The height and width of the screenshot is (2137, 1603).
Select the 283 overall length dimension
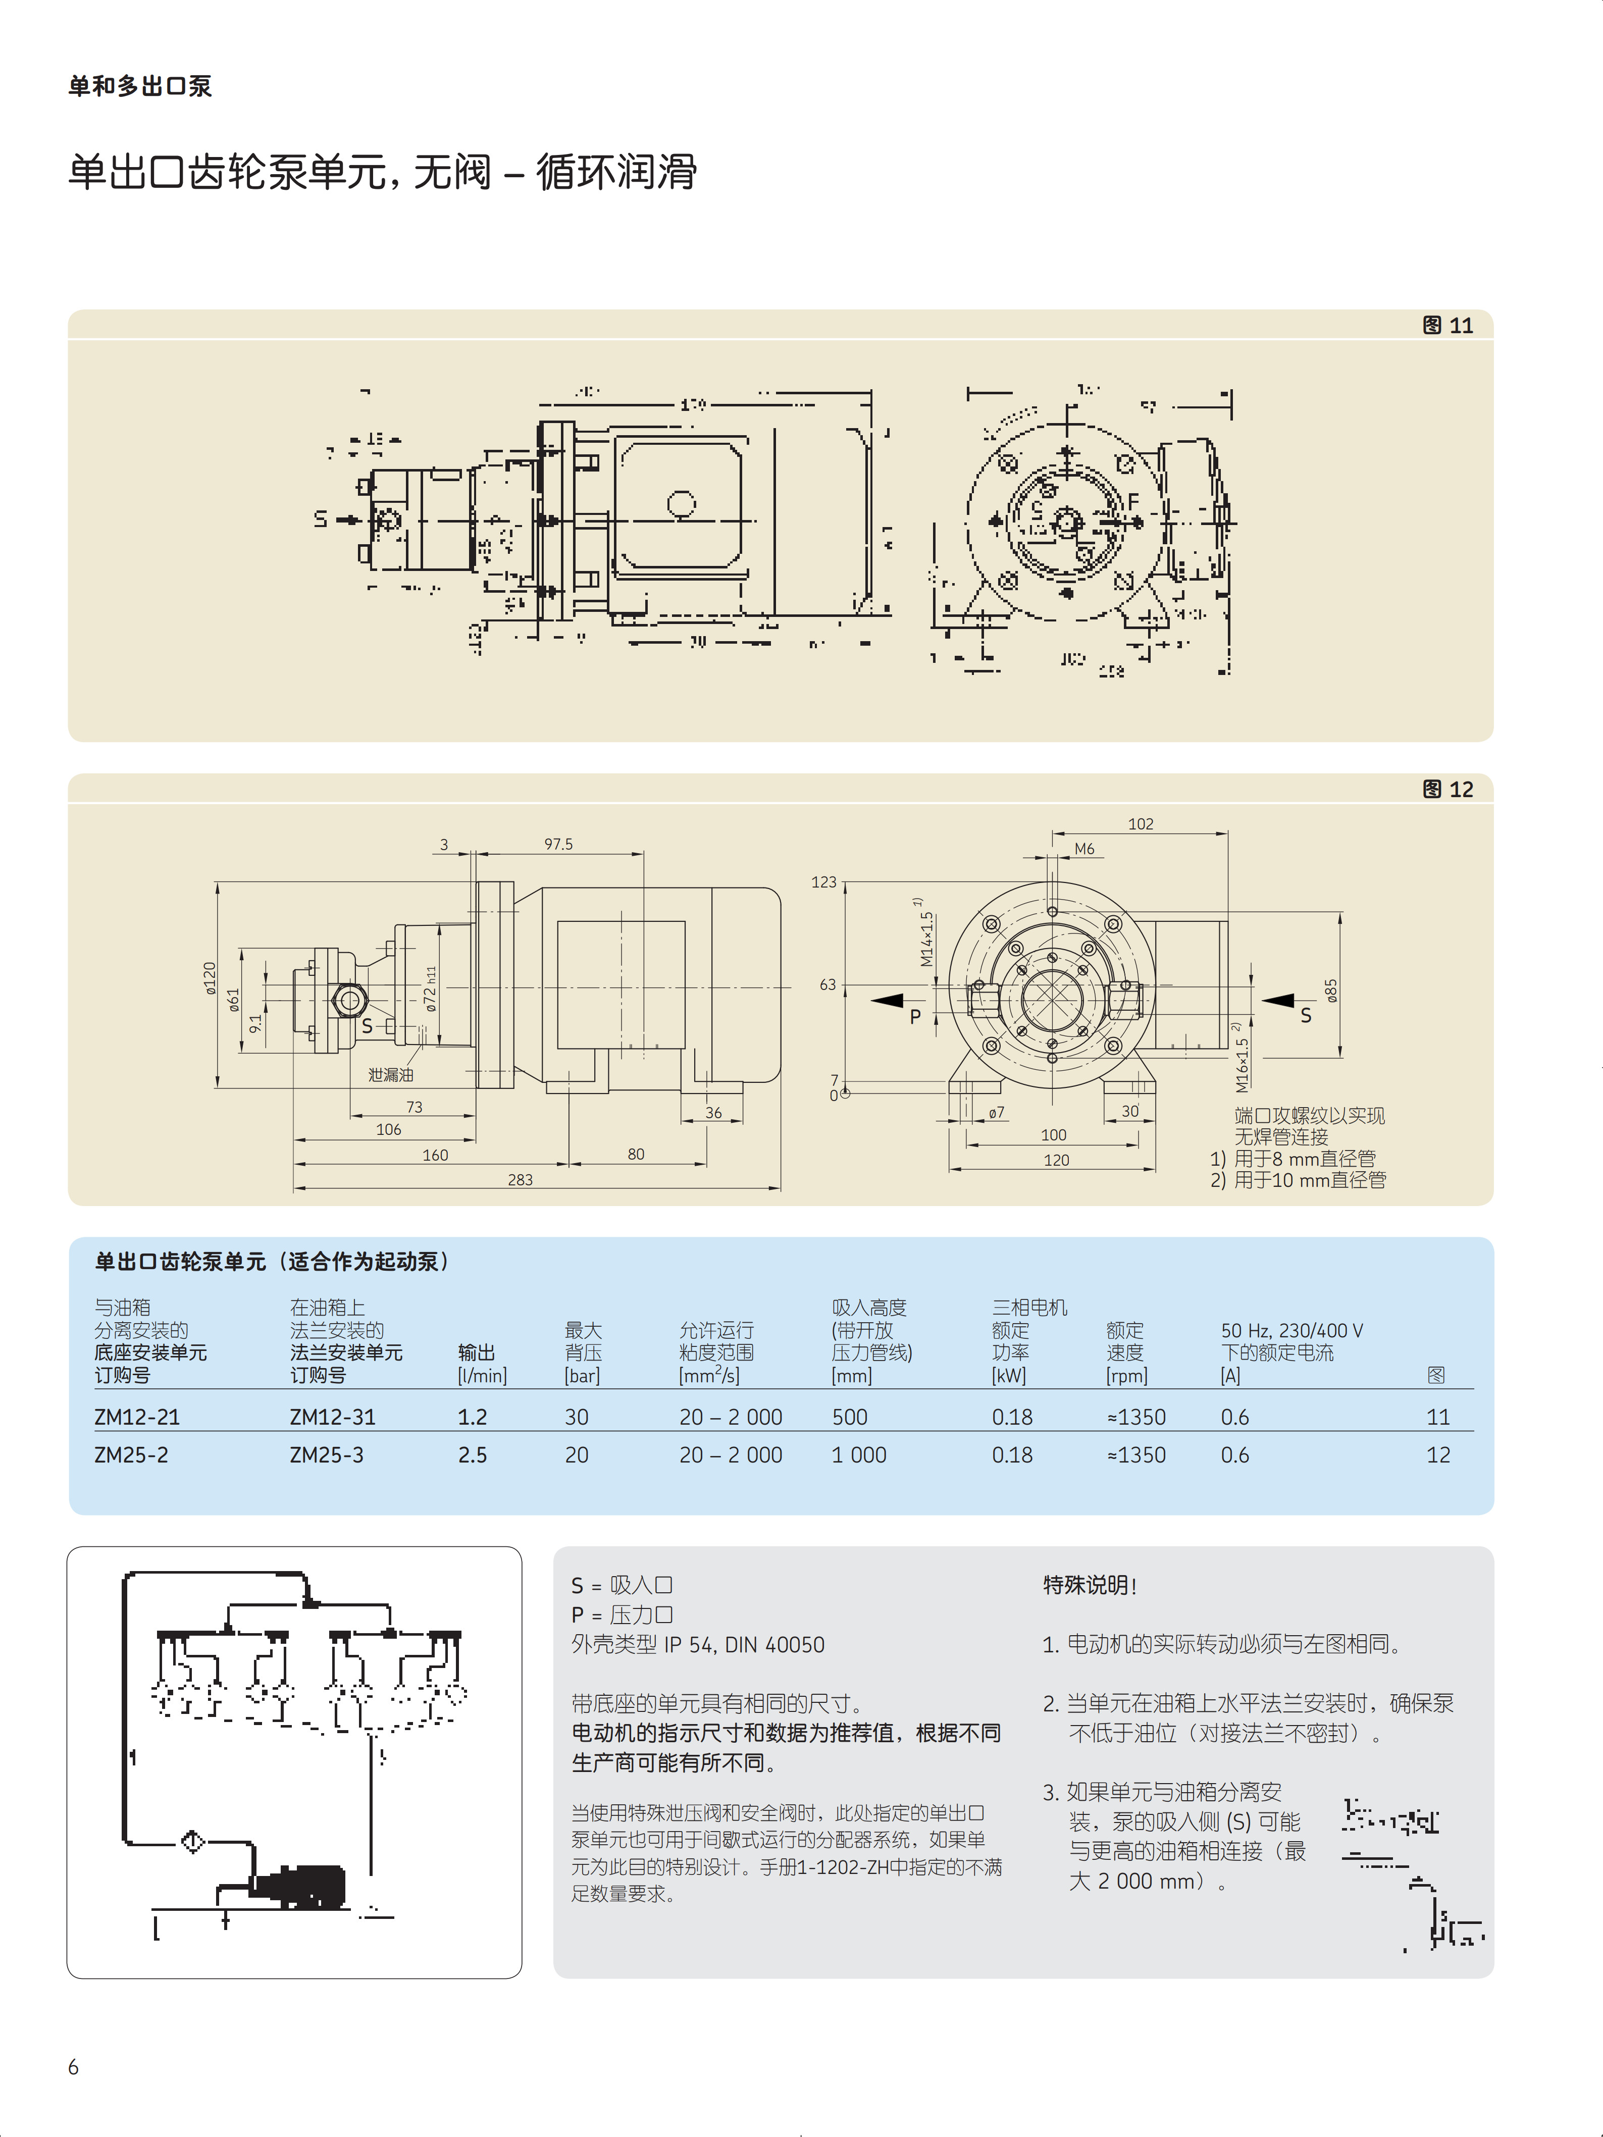(520, 1180)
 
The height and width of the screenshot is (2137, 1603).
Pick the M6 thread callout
(1084, 849)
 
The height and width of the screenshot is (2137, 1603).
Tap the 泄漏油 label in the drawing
(390, 1074)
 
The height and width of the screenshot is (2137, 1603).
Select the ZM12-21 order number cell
(137, 1417)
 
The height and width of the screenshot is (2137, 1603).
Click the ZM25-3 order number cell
(327, 1455)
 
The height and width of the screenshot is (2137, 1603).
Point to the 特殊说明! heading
(1089, 1585)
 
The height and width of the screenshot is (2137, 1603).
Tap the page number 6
(73, 2066)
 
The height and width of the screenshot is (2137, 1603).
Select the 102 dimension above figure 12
(1140, 824)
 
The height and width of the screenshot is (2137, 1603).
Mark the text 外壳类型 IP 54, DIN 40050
(698, 1644)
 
